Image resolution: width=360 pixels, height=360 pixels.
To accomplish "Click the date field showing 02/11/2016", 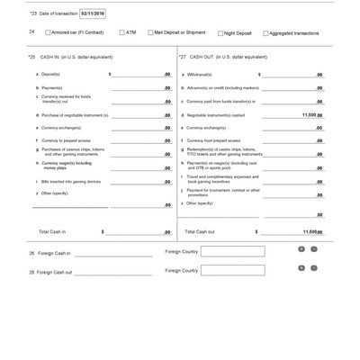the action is [x=93, y=13].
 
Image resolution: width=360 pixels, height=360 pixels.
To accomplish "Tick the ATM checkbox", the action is [x=121, y=33].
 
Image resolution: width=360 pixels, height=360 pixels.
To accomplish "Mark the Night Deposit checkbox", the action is [x=220, y=33].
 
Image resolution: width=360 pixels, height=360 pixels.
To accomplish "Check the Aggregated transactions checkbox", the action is [x=265, y=33].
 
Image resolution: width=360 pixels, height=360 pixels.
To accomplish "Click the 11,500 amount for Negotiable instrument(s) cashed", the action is [x=310, y=115].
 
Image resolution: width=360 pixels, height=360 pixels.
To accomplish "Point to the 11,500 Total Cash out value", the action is [x=311, y=231].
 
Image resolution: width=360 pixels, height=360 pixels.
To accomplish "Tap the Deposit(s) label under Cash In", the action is [x=50, y=74].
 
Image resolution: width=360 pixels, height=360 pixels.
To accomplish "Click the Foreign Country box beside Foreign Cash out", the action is [x=232, y=270].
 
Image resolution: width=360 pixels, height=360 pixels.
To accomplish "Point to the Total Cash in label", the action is [x=56, y=231].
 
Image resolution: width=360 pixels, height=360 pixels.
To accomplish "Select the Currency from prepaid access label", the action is [x=211, y=140].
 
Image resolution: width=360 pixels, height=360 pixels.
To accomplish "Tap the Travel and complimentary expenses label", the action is [x=221, y=178].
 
